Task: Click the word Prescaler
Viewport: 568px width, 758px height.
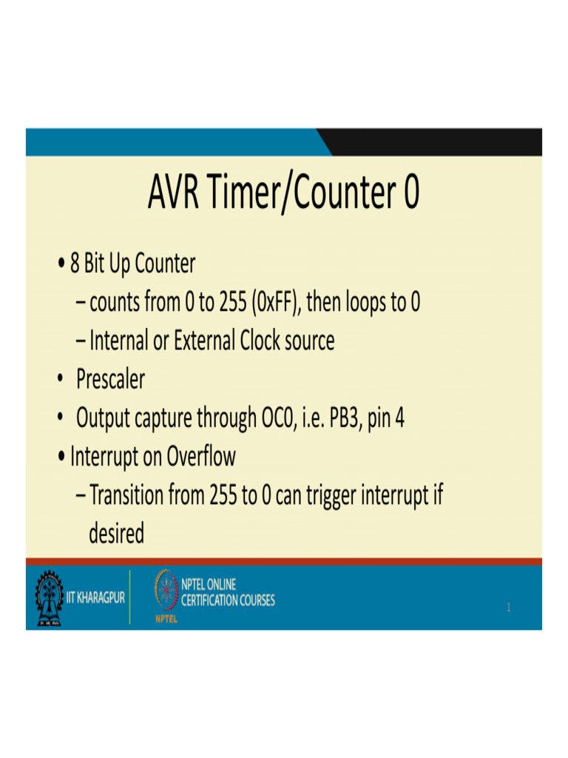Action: point(111,380)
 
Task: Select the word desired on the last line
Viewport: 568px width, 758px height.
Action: point(116,533)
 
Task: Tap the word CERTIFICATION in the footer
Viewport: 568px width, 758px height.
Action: point(206,600)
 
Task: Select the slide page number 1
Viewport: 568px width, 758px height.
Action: point(509,608)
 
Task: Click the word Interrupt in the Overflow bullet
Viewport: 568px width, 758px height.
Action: point(105,457)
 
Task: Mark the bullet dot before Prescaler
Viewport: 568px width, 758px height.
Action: point(59,380)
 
